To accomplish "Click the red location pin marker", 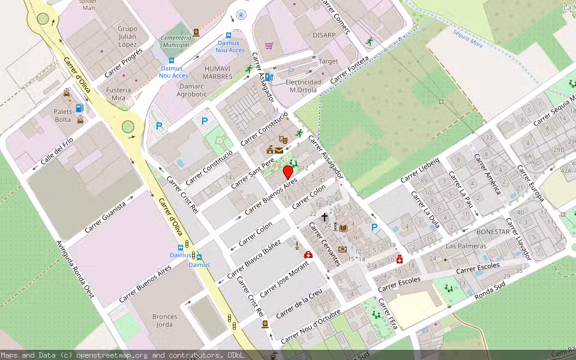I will pos(288,172).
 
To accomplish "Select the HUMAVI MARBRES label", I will pos(217,73).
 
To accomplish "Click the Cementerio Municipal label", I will pos(176,41).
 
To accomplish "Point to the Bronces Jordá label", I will pos(164,320).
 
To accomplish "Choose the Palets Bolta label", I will pos(63,116).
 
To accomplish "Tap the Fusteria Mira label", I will pos(118,94).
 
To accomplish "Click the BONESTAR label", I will pos(493,232).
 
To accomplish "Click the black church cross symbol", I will pos(325,217).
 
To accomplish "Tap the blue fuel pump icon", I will pos(79,108).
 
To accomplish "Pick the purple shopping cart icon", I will pos(269,46).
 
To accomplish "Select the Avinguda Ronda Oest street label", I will pos(76,269).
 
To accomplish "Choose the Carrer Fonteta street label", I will pos(350,70).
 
